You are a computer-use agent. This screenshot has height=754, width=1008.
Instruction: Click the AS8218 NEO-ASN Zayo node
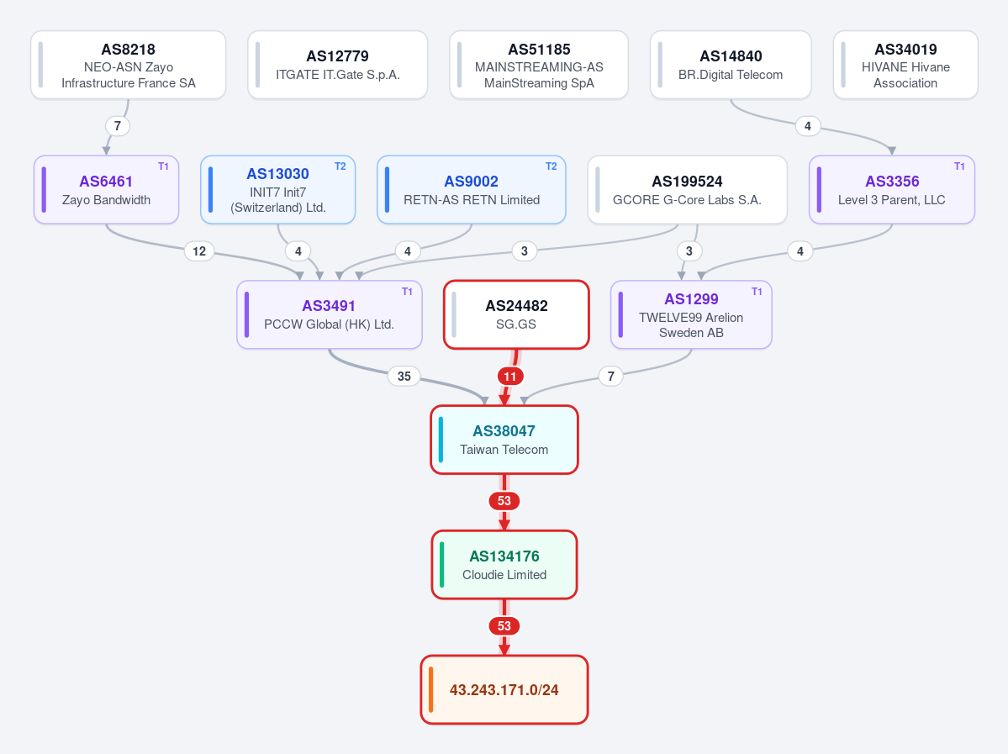(x=129, y=65)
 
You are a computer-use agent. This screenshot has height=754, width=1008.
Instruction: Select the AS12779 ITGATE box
(x=337, y=65)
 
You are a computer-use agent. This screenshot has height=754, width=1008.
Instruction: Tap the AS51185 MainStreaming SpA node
(x=539, y=65)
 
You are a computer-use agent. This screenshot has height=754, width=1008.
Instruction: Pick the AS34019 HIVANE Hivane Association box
(x=905, y=65)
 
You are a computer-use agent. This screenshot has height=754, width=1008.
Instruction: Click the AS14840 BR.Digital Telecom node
(x=731, y=65)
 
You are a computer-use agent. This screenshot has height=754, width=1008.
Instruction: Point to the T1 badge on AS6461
(x=163, y=166)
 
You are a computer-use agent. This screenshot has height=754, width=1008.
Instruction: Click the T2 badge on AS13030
(x=340, y=166)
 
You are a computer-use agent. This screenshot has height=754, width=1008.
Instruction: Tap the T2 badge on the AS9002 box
(x=551, y=166)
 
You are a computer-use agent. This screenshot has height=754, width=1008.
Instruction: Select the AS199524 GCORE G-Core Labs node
(x=687, y=190)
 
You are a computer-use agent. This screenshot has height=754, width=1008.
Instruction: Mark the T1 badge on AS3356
(x=959, y=166)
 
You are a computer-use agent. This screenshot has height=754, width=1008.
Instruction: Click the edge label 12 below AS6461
(x=199, y=251)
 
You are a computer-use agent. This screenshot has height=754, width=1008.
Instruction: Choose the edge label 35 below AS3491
(x=404, y=376)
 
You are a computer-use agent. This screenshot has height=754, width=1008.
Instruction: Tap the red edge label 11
(x=509, y=376)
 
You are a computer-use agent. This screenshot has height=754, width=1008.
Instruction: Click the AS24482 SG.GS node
(x=516, y=315)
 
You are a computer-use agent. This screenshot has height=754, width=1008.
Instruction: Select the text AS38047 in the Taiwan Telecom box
(x=504, y=431)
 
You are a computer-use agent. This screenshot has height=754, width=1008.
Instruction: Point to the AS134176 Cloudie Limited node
(x=504, y=565)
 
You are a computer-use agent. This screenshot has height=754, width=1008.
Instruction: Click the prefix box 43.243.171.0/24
(x=504, y=690)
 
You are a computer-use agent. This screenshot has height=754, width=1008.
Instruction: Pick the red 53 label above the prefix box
(x=504, y=626)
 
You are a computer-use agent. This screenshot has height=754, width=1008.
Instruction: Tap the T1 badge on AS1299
(x=757, y=292)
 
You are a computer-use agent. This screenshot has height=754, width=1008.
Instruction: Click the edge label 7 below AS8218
(x=117, y=126)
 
